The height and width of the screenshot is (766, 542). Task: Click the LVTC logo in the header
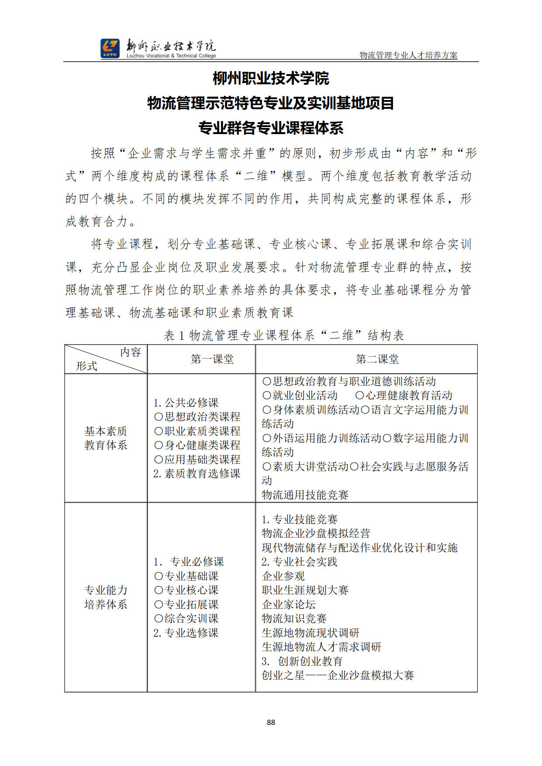coord(110,48)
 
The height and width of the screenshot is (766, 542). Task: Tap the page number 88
coord(271,722)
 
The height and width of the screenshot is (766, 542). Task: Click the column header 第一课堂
coord(212,359)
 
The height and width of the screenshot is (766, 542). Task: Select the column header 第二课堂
coord(377,359)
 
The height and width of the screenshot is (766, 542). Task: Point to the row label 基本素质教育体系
coord(106,438)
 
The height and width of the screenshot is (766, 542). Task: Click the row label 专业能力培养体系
coord(106,597)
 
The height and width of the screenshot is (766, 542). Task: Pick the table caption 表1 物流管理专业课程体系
coord(284,335)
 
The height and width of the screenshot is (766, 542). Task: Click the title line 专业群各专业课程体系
coord(271,128)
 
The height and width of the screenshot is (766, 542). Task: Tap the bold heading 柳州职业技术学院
coord(271,79)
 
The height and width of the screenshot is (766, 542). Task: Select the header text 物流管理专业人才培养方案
coord(408,55)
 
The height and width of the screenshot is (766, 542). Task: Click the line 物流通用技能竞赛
coord(305,495)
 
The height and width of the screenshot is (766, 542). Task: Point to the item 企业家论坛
coord(288,604)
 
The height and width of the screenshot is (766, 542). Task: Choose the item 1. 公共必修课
coord(186,403)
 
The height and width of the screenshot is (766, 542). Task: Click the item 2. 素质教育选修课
coord(197,473)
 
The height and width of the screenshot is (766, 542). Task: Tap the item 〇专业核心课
coord(186,590)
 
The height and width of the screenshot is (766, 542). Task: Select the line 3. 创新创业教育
coord(302,661)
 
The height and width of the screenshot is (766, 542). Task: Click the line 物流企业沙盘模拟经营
coord(316,533)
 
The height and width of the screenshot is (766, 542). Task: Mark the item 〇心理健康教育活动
coord(403,396)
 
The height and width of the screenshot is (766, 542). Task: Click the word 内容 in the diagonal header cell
coord(130,352)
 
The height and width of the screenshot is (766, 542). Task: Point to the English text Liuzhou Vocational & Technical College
coord(171,56)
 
